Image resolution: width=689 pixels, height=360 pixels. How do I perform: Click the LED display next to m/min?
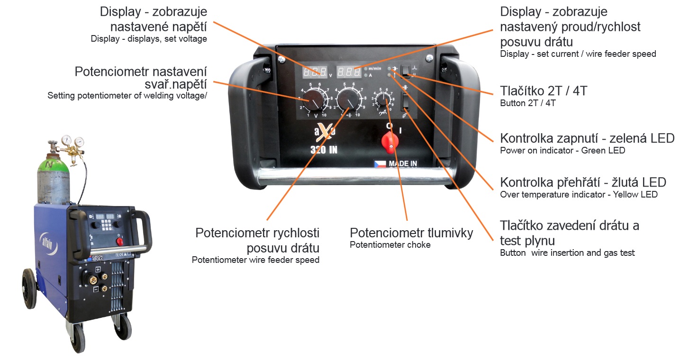349,72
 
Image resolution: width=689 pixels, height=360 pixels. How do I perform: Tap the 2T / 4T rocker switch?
406,71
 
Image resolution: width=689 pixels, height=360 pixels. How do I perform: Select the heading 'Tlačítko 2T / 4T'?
544,91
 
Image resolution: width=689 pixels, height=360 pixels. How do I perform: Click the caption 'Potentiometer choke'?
390,244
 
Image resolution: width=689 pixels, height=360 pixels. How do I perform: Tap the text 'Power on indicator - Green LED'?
562,151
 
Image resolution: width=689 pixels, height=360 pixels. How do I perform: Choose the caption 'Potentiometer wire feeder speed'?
255,260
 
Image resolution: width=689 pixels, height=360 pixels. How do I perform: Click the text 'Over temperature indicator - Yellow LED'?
579,194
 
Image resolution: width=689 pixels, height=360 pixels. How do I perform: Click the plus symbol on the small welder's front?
97,269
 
